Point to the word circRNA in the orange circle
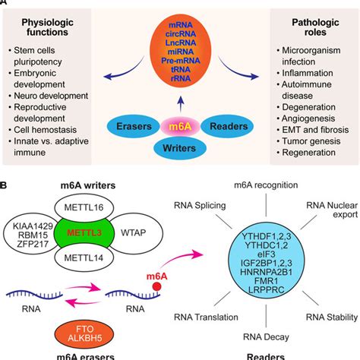coord(180,34)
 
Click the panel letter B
coord(7,185)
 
